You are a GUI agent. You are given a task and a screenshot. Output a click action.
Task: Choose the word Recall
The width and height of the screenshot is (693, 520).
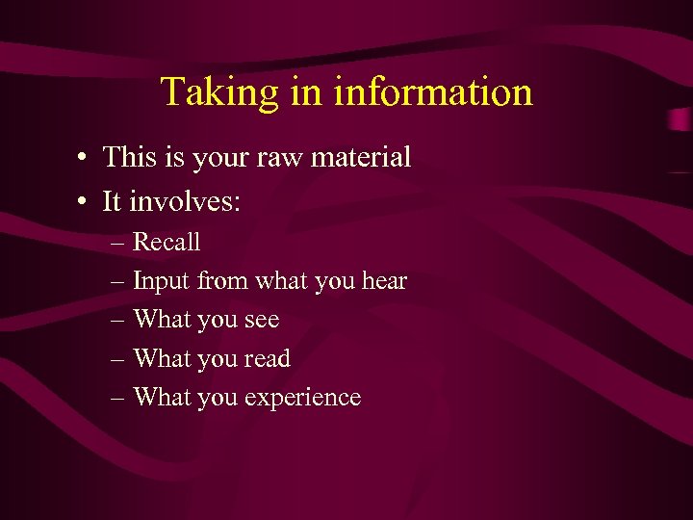point(167,242)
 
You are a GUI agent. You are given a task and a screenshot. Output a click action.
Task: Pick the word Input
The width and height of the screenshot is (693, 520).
point(161,282)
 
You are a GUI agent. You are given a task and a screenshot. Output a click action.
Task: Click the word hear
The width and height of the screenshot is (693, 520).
point(385,282)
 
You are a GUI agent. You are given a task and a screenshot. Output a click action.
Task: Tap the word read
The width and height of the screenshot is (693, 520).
point(267,359)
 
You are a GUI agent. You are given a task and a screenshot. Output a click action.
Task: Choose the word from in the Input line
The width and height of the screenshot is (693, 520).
point(218,282)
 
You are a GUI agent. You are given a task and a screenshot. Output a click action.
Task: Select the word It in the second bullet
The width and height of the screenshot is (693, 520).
point(112,202)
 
